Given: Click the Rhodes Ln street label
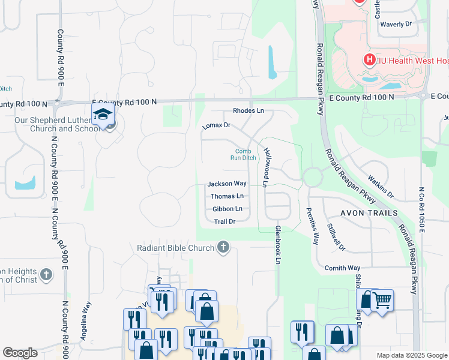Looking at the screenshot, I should [x=248, y=111].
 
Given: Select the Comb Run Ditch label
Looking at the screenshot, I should [x=243, y=155].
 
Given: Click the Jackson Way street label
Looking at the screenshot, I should [x=227, y=184].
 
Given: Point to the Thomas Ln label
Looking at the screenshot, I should [x=227, y=196].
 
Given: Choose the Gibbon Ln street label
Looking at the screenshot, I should [x=227, y=209].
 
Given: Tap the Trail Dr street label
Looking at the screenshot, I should [x=224, y=221].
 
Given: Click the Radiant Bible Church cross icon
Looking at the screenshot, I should [x=223, y=247].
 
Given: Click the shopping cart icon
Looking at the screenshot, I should [x=382, y=299].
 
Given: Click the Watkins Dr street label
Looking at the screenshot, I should [x=381, y=187].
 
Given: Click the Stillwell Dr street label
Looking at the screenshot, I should [x=336, y=236].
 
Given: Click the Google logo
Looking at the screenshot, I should [x=20, y=353].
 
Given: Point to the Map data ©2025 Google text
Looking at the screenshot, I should [x=411, y=355].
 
